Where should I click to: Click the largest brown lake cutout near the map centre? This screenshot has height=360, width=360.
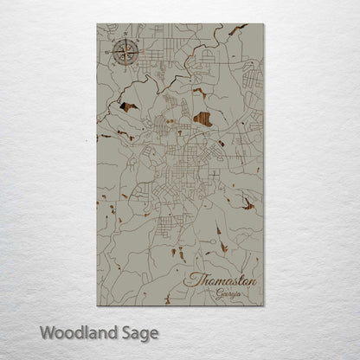(204, 119)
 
